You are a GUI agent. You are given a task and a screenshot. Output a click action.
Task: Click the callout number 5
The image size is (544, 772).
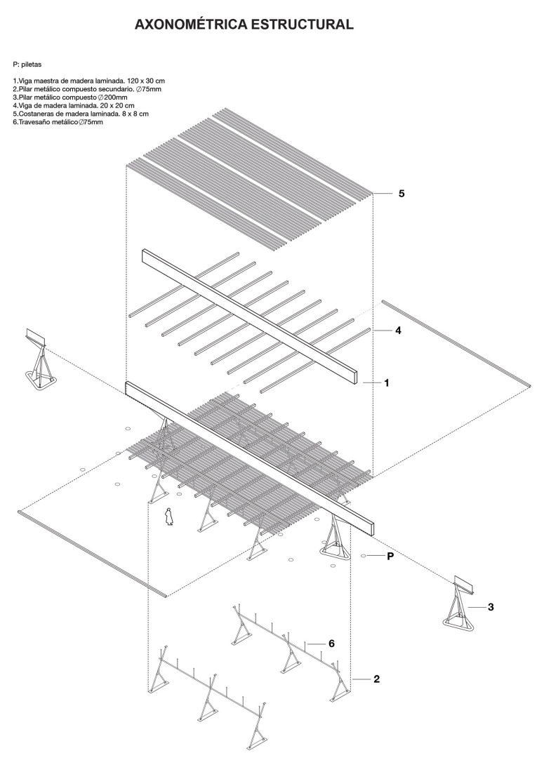pos(401,193)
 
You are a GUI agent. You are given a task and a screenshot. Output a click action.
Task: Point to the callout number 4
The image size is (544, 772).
pos(398,330)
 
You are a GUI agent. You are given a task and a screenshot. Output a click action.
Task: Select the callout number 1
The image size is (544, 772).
pos(386,383)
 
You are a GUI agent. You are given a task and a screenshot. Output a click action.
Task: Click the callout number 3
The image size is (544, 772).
pos(490,606)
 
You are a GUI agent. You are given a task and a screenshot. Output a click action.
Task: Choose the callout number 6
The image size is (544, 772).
pos(331,643)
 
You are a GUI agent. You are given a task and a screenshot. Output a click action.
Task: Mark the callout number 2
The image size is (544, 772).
pos(377,679)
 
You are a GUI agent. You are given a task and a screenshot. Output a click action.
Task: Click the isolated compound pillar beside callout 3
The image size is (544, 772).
pos(458,603)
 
